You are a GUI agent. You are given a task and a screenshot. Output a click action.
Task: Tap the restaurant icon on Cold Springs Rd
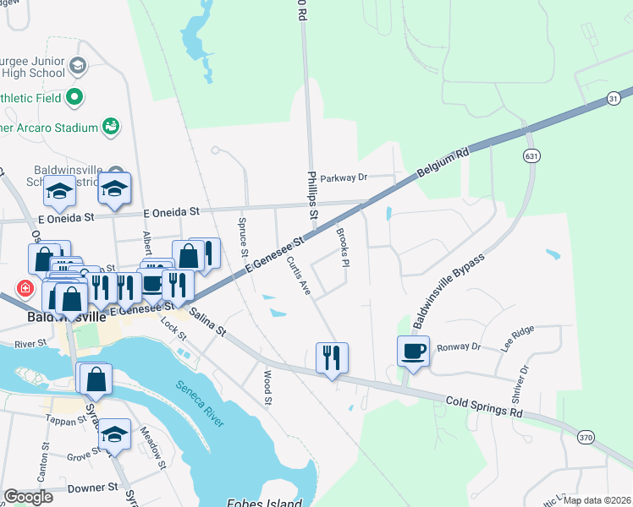point(332,357)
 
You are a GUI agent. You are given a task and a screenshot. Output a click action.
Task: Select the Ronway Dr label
point(458,346)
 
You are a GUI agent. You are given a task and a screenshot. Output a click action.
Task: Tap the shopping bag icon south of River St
point(96,379)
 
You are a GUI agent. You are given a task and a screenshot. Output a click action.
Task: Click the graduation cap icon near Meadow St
point(115,433)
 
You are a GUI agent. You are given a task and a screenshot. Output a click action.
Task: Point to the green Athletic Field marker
point(74,98)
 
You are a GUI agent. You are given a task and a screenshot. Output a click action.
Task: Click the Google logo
point(28,497)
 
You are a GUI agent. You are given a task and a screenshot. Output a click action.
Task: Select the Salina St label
point(207,323)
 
